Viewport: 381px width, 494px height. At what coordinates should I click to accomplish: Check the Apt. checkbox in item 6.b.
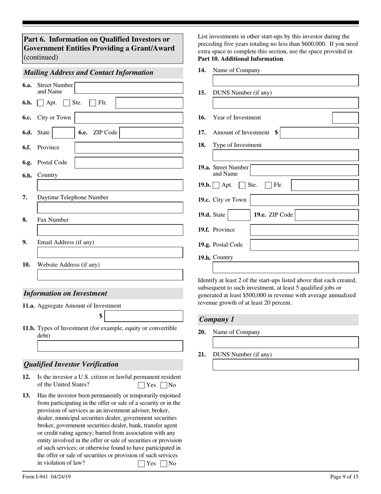(x=41, y=103)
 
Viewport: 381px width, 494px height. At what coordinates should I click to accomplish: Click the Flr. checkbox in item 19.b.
(x=268, y=185)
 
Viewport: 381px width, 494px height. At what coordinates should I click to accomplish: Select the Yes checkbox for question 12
(x=141, y=385)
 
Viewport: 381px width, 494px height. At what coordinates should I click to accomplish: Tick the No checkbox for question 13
(x=164, y=463)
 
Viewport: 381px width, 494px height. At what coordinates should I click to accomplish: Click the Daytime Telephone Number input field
(x=110, y=208)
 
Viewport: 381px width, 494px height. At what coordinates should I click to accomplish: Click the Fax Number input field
(x=110, y=230)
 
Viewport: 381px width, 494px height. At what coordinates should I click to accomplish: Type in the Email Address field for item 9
(x=110, y=253)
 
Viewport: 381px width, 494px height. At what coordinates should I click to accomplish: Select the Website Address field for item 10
(x=110, y=275)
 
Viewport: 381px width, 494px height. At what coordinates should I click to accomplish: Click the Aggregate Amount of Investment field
(x=144, y=316)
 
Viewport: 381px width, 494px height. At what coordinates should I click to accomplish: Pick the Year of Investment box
(x=345, y=118)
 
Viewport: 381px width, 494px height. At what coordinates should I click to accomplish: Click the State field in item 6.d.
(x=63, y=133)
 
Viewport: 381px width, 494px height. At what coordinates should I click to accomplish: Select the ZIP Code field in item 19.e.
(x=327, y=215)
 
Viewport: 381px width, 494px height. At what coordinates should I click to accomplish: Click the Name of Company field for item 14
(x=286, y=81)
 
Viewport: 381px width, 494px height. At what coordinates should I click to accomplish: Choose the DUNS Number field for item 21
(x=286, y=365)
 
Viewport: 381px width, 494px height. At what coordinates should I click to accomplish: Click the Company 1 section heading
(x=217, y=320)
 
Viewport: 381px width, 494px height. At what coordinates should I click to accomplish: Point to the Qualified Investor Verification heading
(x=71, y=364)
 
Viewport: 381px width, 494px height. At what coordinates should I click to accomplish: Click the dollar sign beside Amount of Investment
(x=276, y=133)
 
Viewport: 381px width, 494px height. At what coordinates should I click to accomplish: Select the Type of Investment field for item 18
(x=286, y=155)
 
